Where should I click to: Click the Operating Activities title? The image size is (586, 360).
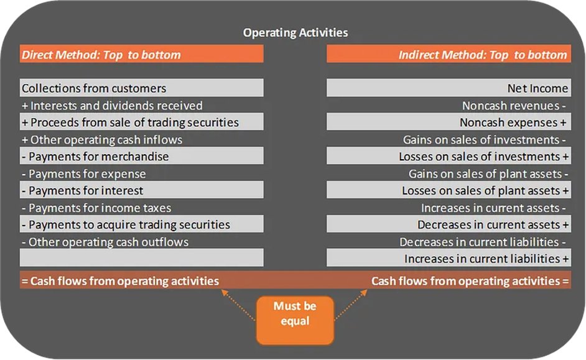click(x=295, y=32)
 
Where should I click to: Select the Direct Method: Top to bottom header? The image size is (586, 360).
click(x=101, y=55)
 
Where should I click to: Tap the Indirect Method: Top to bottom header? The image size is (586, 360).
click(x=483, y=55)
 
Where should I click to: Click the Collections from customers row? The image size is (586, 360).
click(x=94, y=88)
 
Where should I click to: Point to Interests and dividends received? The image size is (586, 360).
click(x=112, y=106)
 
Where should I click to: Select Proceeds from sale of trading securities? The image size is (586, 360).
click(x=130, y=122)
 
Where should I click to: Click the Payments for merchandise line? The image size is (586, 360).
click(x=95, y=156)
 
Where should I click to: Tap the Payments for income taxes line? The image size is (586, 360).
click(x=96, y=208)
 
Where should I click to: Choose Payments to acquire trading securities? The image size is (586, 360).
click(x=126, y=224)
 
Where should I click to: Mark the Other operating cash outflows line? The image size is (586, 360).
click(x=105, y=241)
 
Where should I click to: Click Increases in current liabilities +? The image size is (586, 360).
click(x=486, y=258)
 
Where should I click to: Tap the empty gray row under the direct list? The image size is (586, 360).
click(x=142, y=258)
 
